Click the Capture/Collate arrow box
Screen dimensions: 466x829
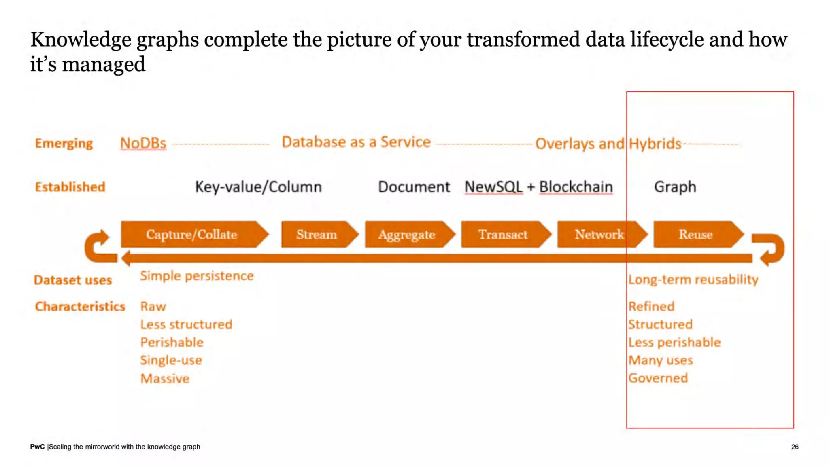(x=192, y=235)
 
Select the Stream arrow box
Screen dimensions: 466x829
(x=317, y=235)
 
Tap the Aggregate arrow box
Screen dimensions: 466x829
(x=407, y=235)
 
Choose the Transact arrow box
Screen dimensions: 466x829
(x=503, y=235)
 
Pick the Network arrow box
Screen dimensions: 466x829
(x=599, y=235)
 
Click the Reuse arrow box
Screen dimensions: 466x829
(x=695, y=235)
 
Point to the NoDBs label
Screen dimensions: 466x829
(x=143, y=143)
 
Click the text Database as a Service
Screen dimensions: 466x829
(x=356, y=142)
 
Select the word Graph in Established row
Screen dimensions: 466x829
(x=675, y=187)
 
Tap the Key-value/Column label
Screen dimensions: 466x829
(x=259, y=187)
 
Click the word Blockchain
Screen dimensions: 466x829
(x=576, y=187)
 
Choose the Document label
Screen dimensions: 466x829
(x=414, y=187)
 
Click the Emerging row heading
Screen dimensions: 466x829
(x=64, y=143)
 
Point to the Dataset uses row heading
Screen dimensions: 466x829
(x=73, y=280)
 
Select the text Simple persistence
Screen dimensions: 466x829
(x=197, y=276)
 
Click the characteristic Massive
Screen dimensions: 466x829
(x=165, y=379)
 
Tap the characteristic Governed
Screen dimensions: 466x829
(x=658, y=378)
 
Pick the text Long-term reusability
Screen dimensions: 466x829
(x=693, y=280)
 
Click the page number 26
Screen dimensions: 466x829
(x=795, y=447)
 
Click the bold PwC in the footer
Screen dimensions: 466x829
(x=37, y=447)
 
